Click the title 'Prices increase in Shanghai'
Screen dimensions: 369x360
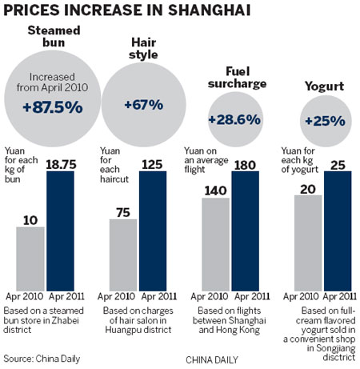click(x=124, y=10)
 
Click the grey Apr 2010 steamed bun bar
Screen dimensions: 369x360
click(x=30, y=253)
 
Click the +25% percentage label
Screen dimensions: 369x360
click(x=324, y=122)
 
